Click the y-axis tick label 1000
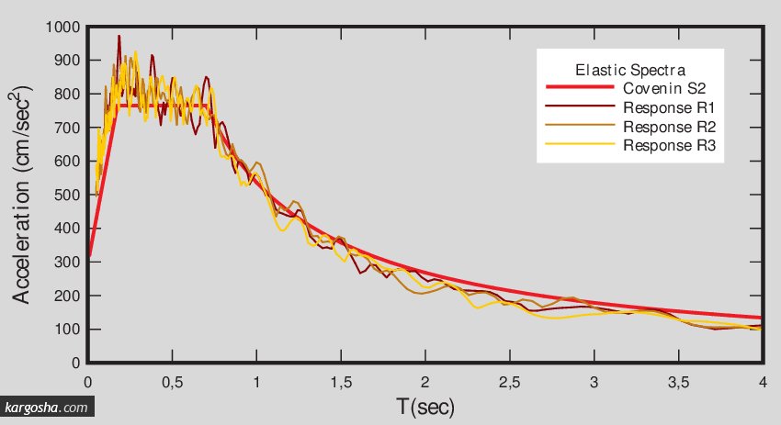(62, 27)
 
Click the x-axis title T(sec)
(424, 405)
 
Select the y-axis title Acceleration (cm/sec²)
(26, 195)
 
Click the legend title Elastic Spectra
(630, 70)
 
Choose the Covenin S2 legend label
(663, 89)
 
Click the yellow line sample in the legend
(579, 145)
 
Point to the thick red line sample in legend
(579, 89)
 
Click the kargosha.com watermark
(47, 408)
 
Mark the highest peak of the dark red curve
(119, 37)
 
